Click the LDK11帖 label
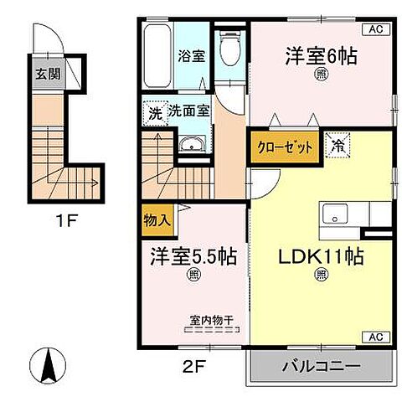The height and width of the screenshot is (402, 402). [x=321, y=251]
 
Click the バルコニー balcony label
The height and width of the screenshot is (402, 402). [x=320, y=367]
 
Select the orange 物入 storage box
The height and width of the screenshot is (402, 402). [x=157, y=221]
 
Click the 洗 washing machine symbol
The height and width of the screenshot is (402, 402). [x=155, y=112]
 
